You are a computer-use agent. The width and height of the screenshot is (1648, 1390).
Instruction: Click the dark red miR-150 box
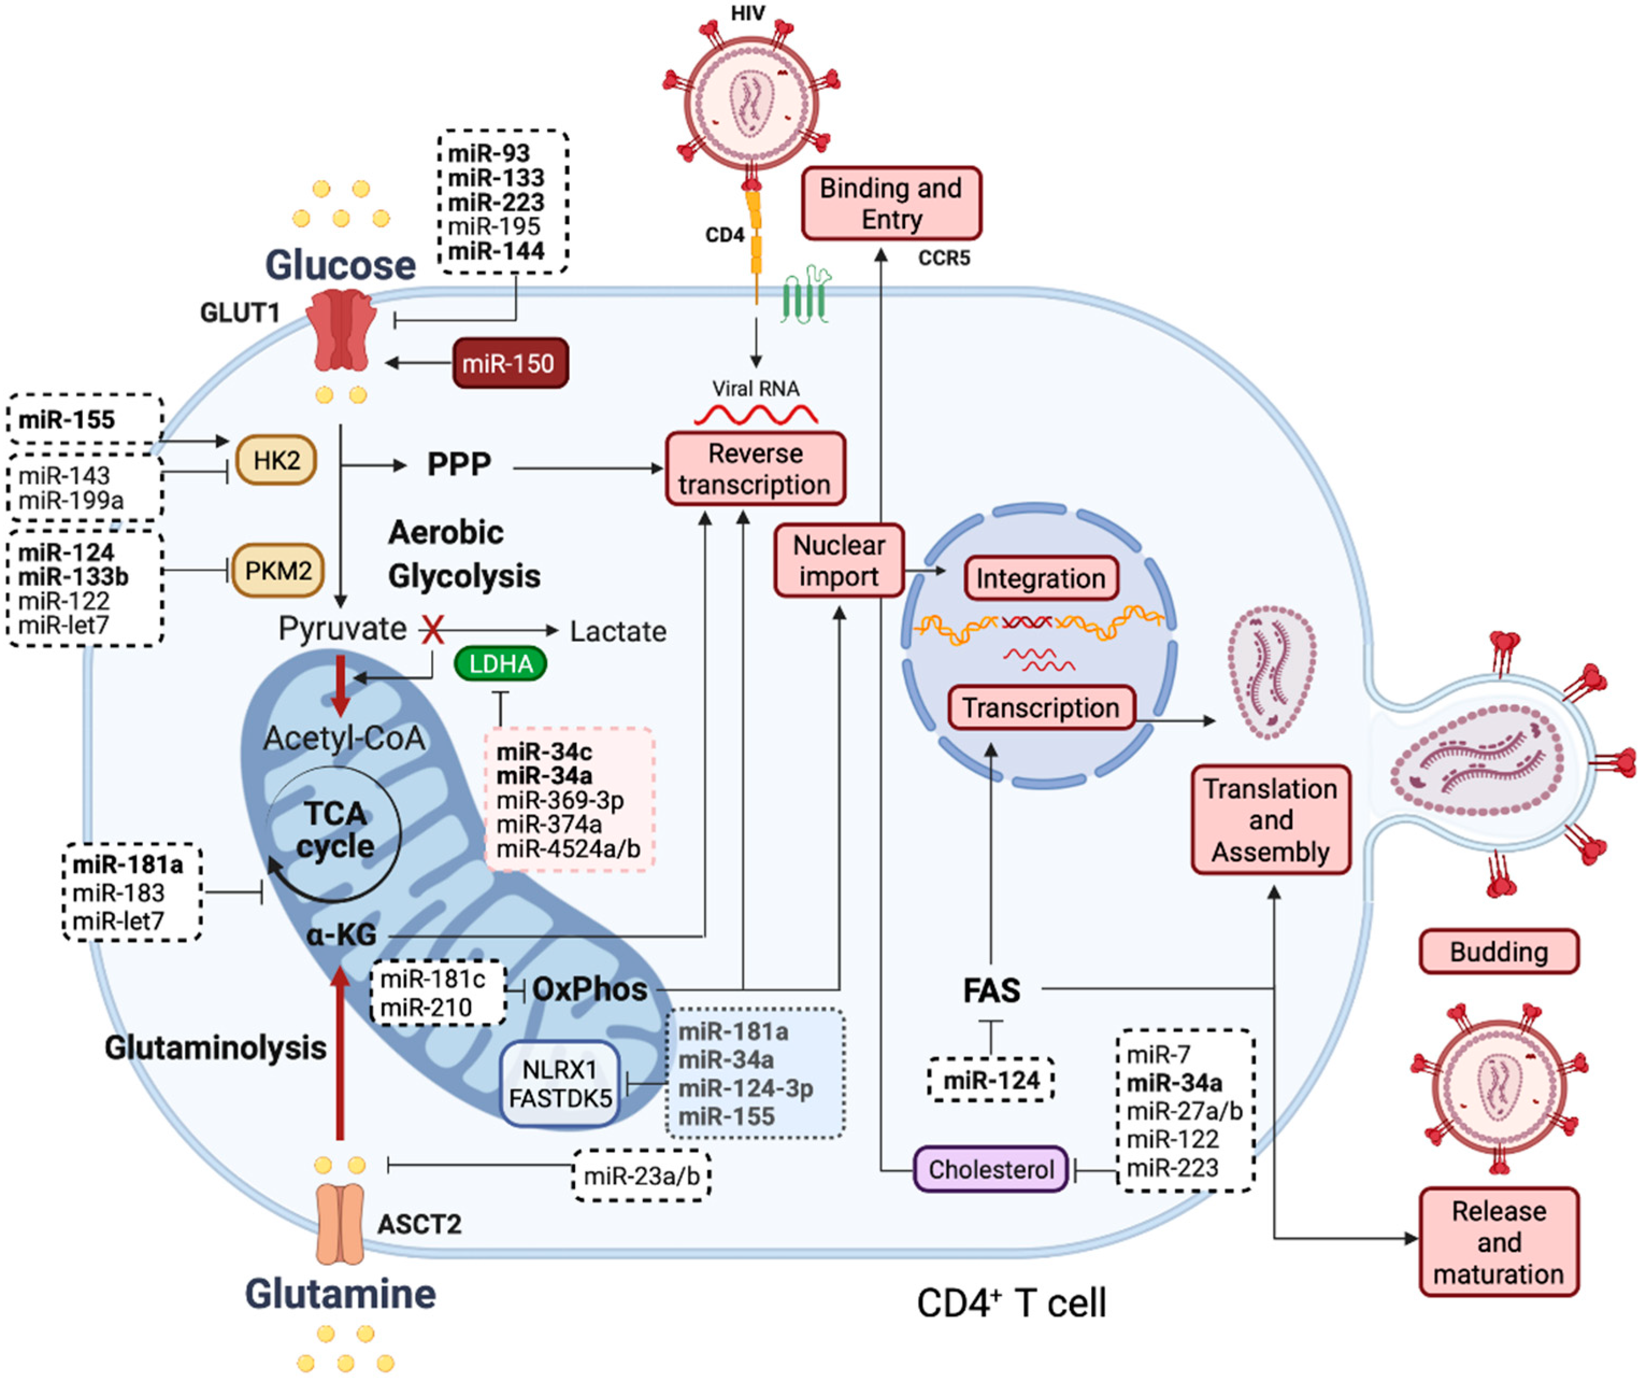coord(510,363)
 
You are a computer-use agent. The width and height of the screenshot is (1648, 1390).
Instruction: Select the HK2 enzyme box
coord(276,460)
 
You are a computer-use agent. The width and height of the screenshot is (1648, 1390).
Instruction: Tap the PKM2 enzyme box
coord(277,570)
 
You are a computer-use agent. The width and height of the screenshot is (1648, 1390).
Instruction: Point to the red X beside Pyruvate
coord(433,629)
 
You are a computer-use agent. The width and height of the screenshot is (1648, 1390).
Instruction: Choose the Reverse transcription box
coord(755,469)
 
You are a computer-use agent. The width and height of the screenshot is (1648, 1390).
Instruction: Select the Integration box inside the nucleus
coord(1041,578)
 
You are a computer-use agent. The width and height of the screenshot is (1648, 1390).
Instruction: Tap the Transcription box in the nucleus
coord(1041,707)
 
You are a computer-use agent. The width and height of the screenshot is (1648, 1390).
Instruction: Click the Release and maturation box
coord(1499,1243)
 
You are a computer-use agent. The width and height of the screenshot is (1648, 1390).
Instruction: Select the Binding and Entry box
coord(891,203)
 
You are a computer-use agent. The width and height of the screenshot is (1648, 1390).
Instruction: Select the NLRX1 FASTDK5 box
coord(560,1084)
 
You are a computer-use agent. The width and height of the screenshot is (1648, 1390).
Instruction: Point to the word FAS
coord(991,991)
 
